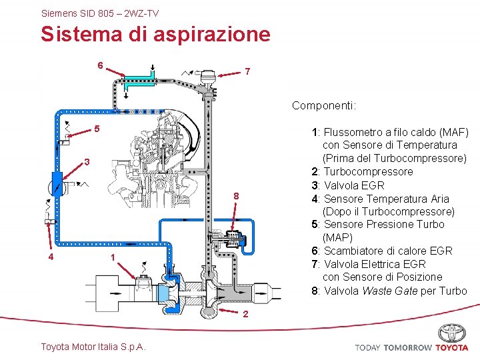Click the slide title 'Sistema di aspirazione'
(155, 34)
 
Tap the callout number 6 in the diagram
(100, 65)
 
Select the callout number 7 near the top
(247, 71)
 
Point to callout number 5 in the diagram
(97, 128)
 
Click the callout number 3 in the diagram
(87, 162)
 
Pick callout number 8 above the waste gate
(236, 195)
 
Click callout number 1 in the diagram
(113, 258)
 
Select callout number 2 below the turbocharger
(246, 314)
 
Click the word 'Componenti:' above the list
(324, 105)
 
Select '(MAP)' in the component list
(338, 237)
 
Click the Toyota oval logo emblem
(452, 333)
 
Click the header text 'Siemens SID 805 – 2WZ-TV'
(100, 13)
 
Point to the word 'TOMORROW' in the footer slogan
(407, 347)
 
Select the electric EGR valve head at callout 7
(207, 77)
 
